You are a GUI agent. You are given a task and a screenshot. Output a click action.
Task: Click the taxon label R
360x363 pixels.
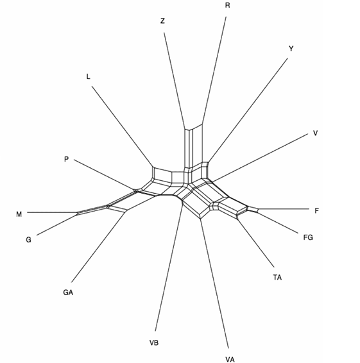coord(228,5)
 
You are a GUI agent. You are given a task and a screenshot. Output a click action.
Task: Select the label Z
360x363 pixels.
coord(162,21)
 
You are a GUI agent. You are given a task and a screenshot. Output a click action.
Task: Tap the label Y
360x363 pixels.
coord(291,49)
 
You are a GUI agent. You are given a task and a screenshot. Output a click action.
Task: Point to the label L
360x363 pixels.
coord(88,76)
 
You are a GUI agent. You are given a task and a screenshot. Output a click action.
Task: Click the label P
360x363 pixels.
coord(67,159)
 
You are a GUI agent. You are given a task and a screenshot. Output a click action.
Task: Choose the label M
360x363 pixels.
coord(19,214)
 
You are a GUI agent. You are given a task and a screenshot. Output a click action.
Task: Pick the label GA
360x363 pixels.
coord(68,292)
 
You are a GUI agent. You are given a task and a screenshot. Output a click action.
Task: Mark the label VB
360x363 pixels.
coord(154,342)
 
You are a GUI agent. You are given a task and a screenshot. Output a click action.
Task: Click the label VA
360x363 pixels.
coord(230,359)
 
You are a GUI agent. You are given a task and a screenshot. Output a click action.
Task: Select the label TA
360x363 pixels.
coord(277,277)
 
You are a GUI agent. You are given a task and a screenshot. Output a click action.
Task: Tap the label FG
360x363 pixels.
coord(308,237)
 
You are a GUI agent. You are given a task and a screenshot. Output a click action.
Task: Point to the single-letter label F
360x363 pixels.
coord(316,210)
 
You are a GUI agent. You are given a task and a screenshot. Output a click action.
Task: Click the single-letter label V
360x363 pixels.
coord(315,133)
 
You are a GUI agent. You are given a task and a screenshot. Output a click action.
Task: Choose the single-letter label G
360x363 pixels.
coord(28,240)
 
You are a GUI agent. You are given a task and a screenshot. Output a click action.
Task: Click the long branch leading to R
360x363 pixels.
coord(214,70)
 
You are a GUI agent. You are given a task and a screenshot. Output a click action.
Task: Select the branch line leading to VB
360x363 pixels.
coord(169,266)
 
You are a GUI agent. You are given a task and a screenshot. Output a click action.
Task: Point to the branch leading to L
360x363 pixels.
coord(122,126)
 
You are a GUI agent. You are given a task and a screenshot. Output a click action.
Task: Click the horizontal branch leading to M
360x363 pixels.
coord(53,212)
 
